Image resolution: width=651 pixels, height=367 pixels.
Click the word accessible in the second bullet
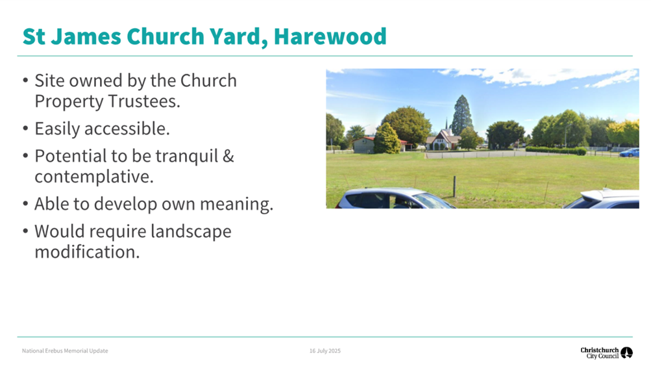(x=129, y=129)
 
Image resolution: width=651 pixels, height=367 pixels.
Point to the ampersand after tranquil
(x=228, y=157)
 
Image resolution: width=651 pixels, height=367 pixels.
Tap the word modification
(x=87, y=251)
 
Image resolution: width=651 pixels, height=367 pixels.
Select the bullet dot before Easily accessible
(x=25, y=129)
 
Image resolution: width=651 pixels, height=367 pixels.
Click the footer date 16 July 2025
(x=325, y=351)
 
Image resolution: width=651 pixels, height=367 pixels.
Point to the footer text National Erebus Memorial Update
(x=65, y=351)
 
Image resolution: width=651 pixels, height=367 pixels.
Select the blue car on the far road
(x=629, y=153)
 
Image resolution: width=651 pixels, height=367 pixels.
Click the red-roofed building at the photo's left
(x=365, y=144)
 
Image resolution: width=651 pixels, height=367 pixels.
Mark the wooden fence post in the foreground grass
(x=454, y=186)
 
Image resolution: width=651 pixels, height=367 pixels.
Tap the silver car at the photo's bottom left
(x=388, y=199)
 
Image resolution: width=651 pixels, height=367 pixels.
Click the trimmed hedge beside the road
(x=556, y=150)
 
